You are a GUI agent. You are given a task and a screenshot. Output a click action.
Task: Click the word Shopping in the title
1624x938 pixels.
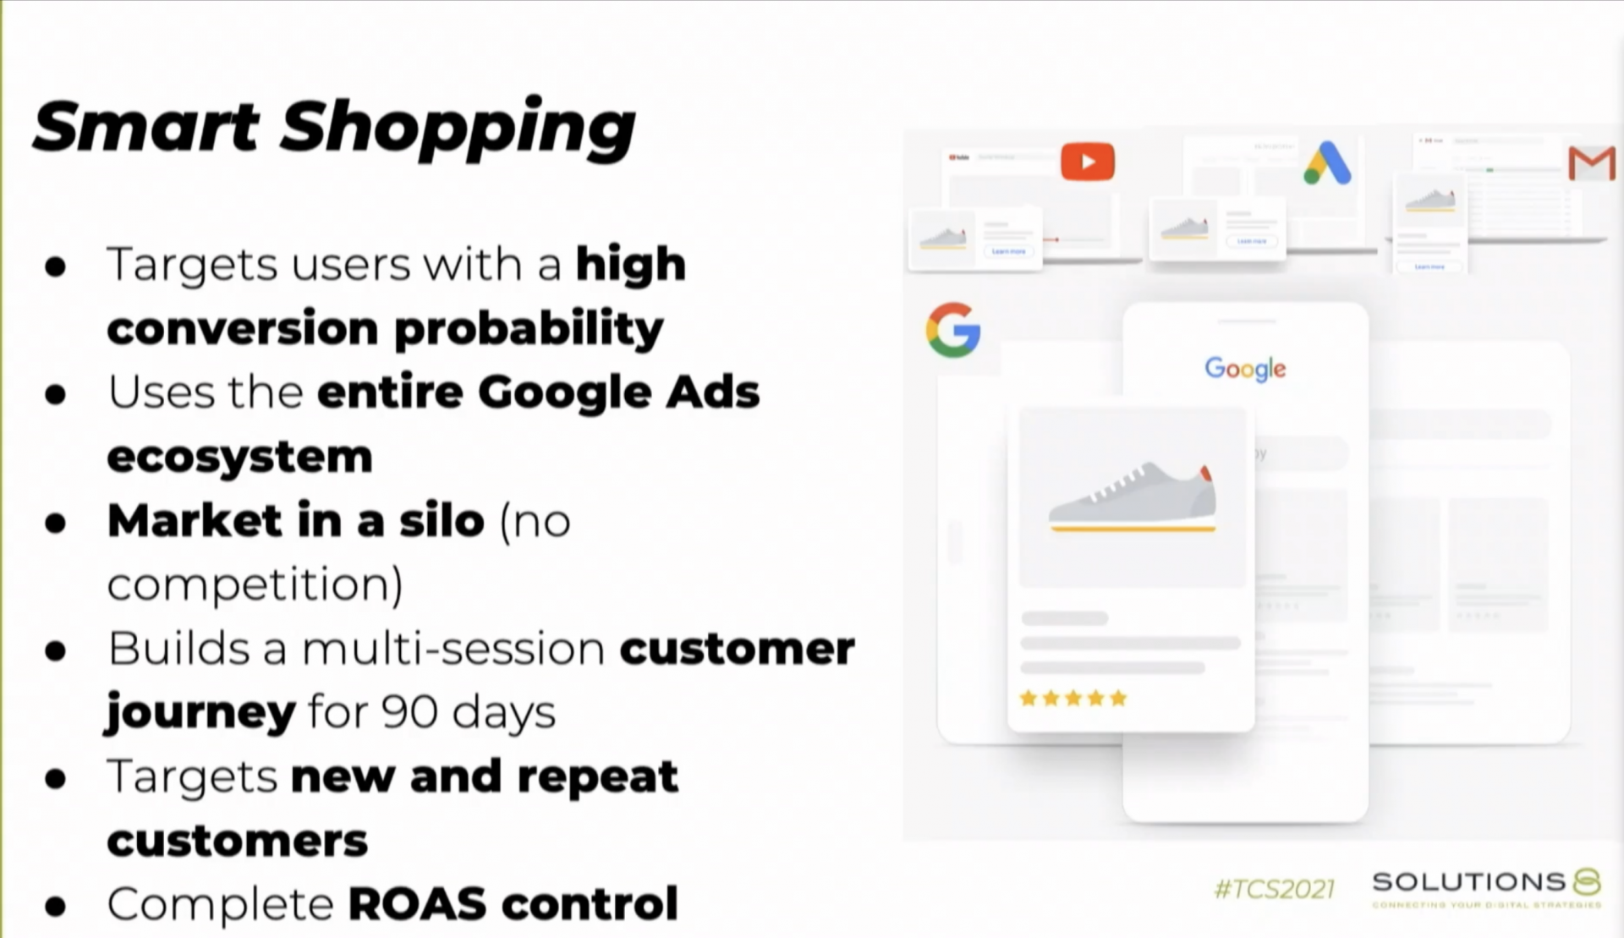[457, 129]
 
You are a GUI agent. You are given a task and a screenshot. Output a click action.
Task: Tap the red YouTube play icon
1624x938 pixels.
[1088, 162]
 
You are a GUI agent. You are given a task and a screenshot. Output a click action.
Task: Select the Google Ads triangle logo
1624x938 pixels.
[1327, 163]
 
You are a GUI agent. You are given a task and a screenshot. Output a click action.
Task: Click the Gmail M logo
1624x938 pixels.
[1591, 163]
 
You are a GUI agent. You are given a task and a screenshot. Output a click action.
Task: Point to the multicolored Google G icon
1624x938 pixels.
[953, 330]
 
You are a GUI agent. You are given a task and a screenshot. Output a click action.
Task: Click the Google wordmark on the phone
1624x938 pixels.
[1245, 369]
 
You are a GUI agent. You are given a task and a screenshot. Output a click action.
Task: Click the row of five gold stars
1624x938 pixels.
[1073, 699]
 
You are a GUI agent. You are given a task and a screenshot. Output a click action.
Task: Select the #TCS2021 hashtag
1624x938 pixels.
[1274, 889]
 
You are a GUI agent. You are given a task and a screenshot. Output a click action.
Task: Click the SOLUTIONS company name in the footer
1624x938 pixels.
[1469, 881]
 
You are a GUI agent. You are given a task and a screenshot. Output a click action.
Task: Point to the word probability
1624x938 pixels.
[529, 328]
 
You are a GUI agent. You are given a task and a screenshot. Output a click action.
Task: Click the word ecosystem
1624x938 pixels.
[239, 457]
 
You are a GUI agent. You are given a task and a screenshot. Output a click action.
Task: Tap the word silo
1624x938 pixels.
[442, 520]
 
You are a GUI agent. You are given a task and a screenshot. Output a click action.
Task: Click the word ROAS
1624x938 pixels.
[418, 903]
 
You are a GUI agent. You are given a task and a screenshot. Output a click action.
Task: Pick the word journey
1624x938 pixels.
[200, 713]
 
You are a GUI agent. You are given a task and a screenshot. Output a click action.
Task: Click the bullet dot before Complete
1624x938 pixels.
[56, 906]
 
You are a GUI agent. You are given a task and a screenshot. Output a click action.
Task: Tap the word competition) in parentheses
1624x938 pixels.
[255, 584]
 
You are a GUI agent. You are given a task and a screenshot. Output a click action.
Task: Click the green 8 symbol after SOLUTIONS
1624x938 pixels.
[1587, 881]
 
